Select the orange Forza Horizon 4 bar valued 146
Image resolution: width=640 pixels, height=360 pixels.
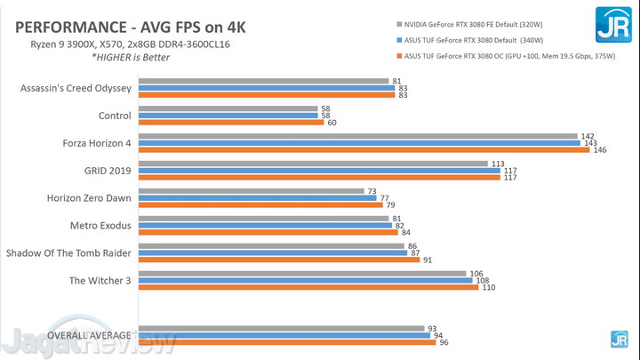point(364,149)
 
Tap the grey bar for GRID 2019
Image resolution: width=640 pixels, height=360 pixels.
point(313,164)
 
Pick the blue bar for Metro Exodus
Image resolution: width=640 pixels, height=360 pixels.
point(265,226)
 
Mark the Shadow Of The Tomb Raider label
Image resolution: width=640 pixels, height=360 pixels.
point(69,253)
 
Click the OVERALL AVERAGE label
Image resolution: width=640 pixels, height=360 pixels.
point(89,335)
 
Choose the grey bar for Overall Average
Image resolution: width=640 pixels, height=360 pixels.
point(281,328)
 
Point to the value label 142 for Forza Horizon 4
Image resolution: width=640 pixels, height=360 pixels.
point(588,136)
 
